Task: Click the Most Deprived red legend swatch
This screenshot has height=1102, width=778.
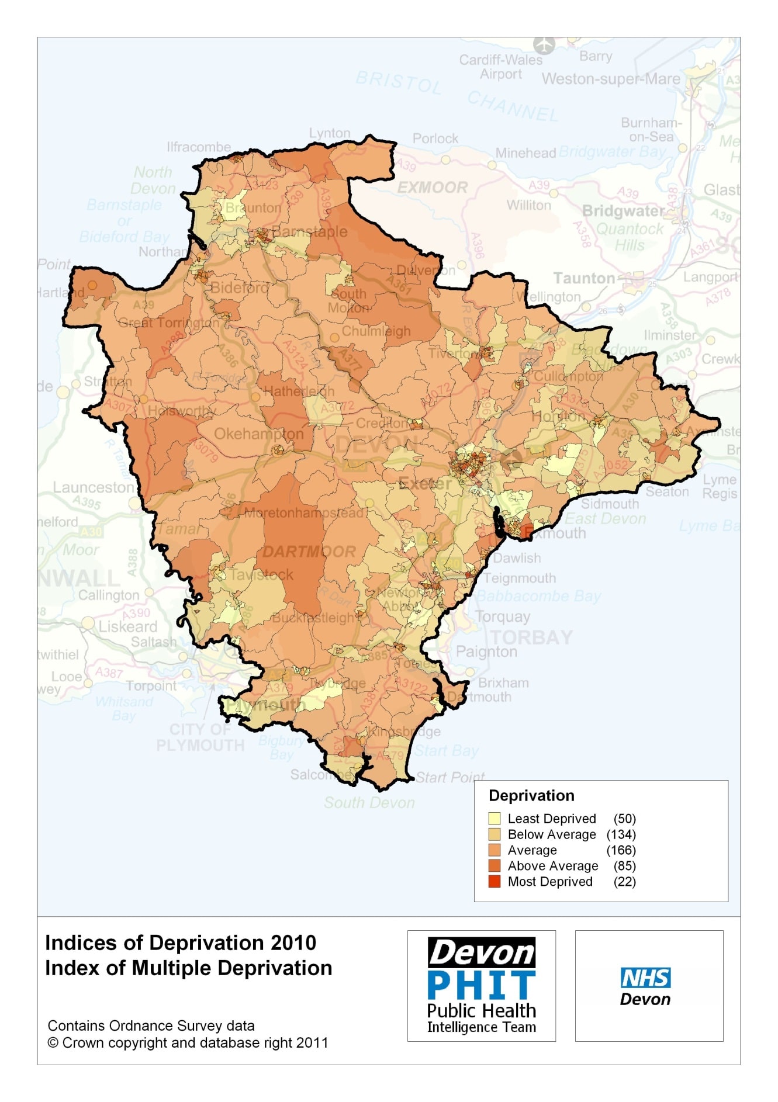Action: tap(495, 882)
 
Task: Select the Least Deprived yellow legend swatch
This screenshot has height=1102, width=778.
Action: tap(495, 819)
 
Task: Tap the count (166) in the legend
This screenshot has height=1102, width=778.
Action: tap(621, 850)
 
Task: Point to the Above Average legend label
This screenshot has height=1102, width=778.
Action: tap(552, 866)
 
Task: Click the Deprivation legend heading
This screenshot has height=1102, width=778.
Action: tap(531, 796)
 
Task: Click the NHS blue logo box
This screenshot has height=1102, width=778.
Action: tap(645, 978)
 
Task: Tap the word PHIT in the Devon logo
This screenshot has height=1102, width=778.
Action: tap(481, 986)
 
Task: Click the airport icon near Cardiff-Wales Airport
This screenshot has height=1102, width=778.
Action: tap(544, 44)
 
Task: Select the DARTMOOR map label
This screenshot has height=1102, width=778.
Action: tap(309, 552)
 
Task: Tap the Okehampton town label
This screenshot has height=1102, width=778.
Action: tap(259, 434)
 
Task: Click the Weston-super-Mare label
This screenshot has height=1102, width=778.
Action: tap(611, 79)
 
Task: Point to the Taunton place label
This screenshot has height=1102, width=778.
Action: tap(584, 278)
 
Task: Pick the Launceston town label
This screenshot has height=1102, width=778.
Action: tap(94, 487)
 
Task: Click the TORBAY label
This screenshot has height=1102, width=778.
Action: tap(531, 637)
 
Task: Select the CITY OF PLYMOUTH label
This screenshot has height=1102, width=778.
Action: tap(200, 737)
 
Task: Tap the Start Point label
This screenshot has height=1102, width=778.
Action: tap(450, 777)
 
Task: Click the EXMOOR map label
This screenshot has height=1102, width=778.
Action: tap(433, 188)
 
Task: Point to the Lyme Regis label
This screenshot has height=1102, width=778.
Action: tap(720, 487)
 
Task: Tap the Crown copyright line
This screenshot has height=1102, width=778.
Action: tap(188, 1043)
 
